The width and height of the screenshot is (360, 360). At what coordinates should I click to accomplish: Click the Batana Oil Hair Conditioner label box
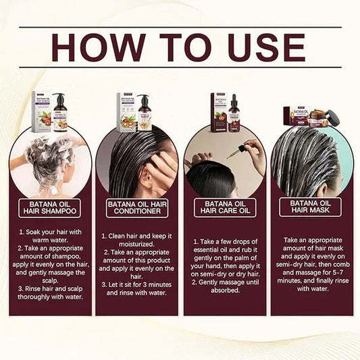137,207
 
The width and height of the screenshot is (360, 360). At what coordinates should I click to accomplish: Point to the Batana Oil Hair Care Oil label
224,207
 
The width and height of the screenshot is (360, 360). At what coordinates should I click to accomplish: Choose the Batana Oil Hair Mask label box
311,207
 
